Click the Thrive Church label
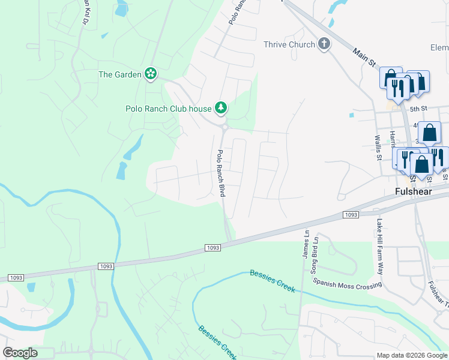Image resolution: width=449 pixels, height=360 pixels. tap(289, 44)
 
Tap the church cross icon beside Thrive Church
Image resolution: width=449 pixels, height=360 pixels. tap(324, 44)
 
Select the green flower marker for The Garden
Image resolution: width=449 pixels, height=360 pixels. tap(151, 74)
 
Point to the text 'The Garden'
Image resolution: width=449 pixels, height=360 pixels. tap(119, 74)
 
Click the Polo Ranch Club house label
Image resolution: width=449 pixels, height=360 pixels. tap(168, 109)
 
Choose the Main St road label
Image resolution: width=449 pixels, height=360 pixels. tap(363, 58)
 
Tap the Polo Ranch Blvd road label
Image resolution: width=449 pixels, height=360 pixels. tap(221, 173)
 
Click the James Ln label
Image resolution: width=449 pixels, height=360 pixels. tap(306, 247)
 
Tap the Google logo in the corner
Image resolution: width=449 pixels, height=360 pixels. tap(20, 353)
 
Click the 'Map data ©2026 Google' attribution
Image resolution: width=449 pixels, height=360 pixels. tap(411, 355)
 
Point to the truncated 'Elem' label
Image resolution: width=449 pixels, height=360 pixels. tap(439, 47)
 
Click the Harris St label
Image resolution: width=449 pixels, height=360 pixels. tap(392, 139)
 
